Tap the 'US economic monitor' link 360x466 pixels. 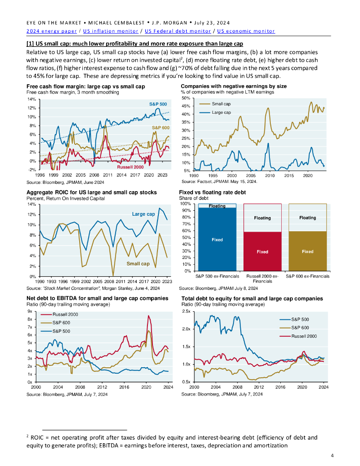(x=246, y=31)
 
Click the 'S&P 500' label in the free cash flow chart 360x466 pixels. (x=158, y=104)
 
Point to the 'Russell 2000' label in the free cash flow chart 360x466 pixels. (x=130, y=167)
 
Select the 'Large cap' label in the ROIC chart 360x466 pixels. (x=143, y=214)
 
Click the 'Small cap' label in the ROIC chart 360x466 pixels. (x=138, y=263)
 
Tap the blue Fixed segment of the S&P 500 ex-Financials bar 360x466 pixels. (x=217, y=240)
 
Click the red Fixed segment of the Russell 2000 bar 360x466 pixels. (x=262, y=252)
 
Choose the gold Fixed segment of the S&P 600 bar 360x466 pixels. (x=307, y=251)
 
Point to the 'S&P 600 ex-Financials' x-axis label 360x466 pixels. (x=307, y=276)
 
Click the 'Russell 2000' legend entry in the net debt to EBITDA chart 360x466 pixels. (x=65, y=314)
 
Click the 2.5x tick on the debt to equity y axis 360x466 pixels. (x=186, y=311)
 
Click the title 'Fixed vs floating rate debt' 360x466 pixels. (x=213, y=192)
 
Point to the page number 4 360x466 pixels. (x=332, y=456)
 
